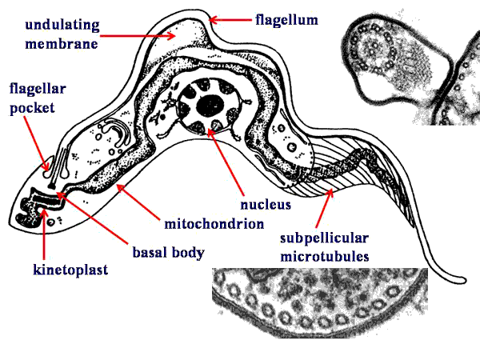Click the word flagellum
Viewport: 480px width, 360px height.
tap(287, 20)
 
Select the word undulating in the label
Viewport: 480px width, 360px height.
tap(62, 25)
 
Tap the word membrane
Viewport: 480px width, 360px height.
tap(62, 44)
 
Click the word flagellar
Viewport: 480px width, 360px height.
tap(38, 89)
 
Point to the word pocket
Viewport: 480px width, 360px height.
tap(32, 108)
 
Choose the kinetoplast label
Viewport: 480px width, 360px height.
tap(70, 270)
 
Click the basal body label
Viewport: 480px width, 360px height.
tap(168, 253)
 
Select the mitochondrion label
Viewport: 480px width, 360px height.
tap(214, 224)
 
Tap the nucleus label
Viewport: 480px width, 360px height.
tap(266, 205)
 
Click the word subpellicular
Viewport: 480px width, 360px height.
tap(324, 238)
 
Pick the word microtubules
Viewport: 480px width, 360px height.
tap(325, 257)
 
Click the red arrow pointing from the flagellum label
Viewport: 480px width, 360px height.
tap(230, 20)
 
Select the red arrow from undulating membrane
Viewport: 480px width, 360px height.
tap(138, 36)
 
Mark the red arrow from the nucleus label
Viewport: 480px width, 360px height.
tap(226, 162)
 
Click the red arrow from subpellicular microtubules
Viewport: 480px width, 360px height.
tap(324, 208)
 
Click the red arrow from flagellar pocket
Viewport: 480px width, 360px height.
tap(36, 143)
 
